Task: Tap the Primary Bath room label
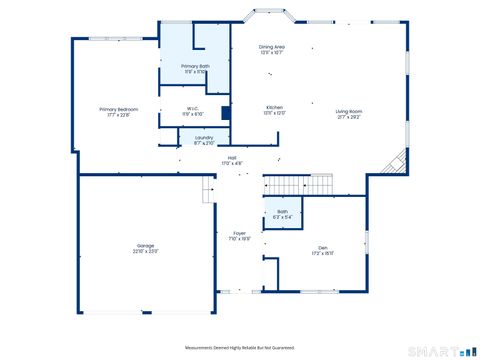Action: point(196,66)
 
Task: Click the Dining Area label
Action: point(272,47)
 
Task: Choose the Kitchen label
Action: point(274,107)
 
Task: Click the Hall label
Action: point(231,159)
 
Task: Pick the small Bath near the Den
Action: point(282,212)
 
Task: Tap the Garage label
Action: point(146,245)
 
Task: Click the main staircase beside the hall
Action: point(298,184)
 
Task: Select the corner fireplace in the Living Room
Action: point(399,162)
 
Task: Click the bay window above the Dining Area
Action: point(269,17)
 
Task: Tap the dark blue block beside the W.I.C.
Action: point(226,111)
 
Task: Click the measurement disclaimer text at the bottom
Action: point(240,347)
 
